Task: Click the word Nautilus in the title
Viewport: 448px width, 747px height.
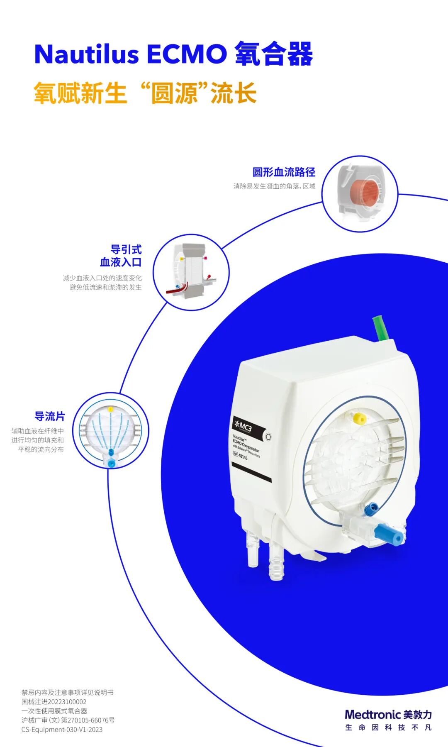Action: click(x=86, y=54)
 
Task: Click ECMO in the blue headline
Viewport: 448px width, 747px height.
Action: click(x=187, y=54)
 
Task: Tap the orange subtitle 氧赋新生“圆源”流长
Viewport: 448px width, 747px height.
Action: click(x=145, y=93)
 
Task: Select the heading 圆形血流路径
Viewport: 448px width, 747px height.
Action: click(x=284, y=172)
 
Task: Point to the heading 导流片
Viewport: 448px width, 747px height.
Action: click(x=50, y=416)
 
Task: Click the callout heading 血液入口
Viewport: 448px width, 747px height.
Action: click(x=121, y=262)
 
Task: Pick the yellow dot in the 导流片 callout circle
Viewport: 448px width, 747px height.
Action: click(x=110, y=409)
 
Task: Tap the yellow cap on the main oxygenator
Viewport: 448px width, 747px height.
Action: click(x=359, y=419)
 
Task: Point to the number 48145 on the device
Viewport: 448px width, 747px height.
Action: click(x=243, y=456)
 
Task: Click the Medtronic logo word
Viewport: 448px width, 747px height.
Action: click(x=372, y=715)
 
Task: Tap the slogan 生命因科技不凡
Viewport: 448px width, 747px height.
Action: click(x=388, y=727)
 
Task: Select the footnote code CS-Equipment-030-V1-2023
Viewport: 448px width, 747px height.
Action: click(x=62, y=730)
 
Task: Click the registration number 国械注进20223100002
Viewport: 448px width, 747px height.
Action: click(x=54, y=702)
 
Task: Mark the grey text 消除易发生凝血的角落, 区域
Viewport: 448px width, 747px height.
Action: click(x=274, y=186)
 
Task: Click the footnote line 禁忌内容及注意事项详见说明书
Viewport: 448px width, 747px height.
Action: click(x=67, y=693)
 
